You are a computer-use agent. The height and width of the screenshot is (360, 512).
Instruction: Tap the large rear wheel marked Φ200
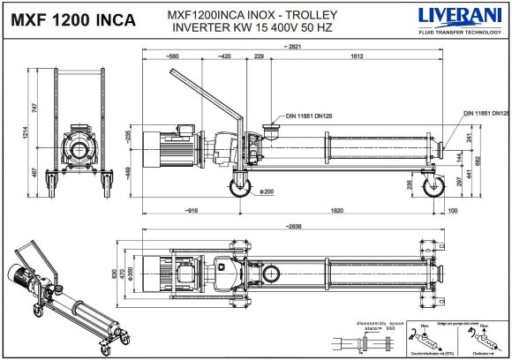[240, 188]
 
